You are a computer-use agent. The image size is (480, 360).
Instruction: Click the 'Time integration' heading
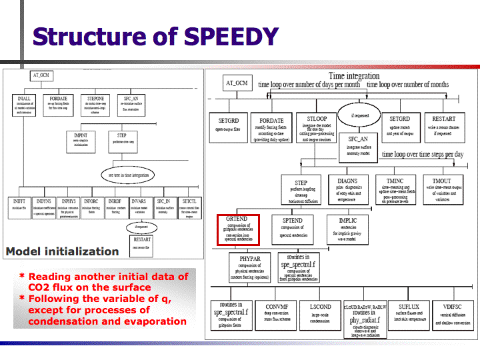point(355,76)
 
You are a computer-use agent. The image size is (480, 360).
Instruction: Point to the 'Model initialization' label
point(62,252)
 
